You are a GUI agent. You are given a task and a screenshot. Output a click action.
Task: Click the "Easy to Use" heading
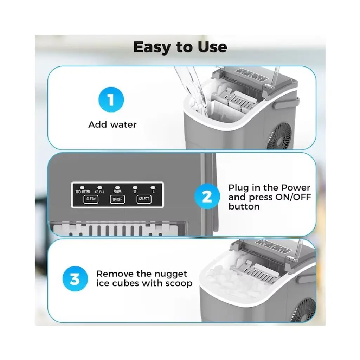click(180, 47)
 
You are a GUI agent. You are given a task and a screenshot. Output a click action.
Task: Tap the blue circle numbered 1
click(111, 99)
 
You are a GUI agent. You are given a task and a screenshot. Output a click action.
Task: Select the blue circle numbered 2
click(207, 197)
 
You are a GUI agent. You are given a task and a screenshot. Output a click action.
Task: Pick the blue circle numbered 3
click(75, 279)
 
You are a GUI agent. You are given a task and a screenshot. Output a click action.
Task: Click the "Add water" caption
click(112, 125)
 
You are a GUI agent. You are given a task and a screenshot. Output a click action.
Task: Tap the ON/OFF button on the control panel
click(117, 199)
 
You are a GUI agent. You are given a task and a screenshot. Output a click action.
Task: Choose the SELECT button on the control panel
click(144, 199)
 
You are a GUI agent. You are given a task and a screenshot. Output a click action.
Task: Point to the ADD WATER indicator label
click(83, 192)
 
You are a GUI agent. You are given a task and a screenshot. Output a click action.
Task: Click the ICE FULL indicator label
click(99, 192)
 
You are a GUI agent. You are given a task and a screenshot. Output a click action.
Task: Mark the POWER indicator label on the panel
click(117, 192)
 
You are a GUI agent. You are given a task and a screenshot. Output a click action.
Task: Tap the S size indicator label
click(135, 192)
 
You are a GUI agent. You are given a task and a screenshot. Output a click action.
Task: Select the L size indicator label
click(153, 192)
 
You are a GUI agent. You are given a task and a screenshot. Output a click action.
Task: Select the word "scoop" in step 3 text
click(179, 284)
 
